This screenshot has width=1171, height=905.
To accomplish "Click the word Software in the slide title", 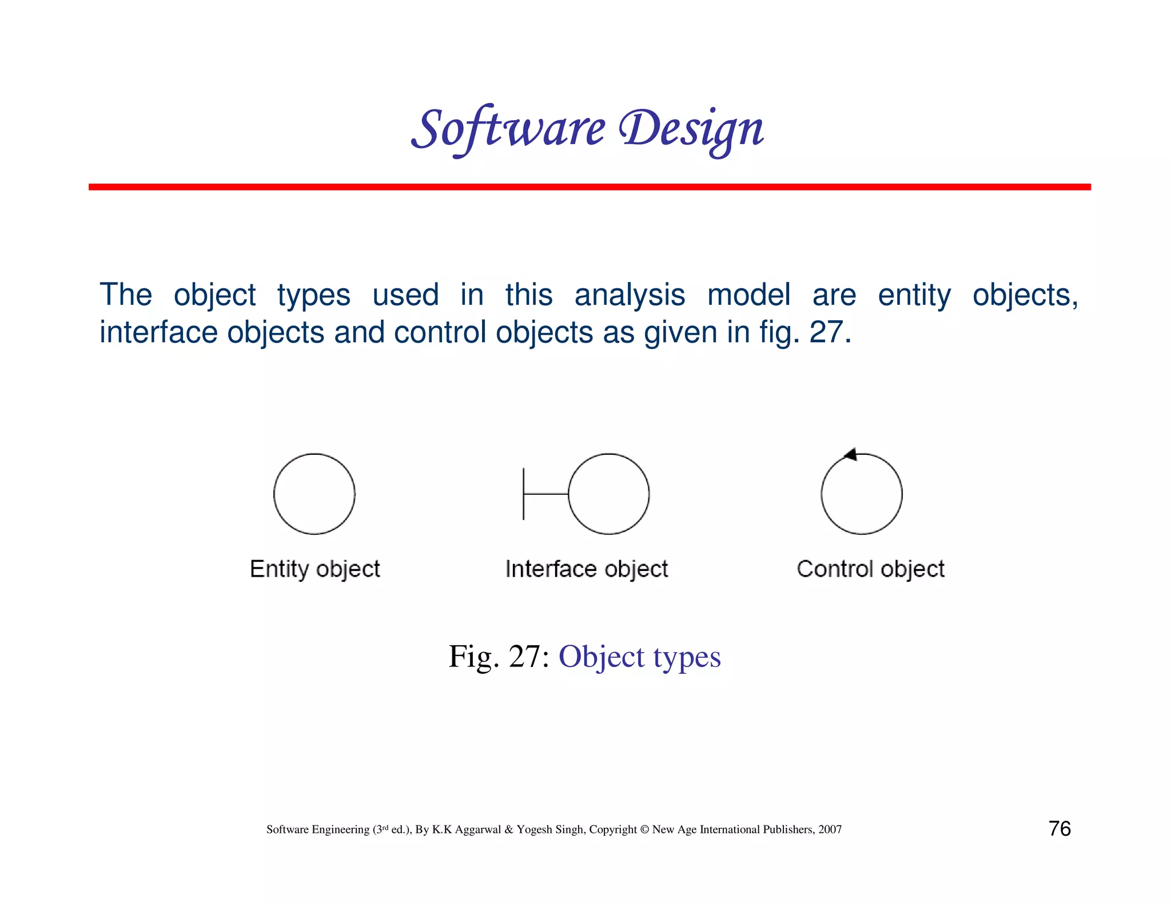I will pyautogui.click(x=508, y=129).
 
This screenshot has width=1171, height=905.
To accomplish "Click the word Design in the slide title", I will pyautogui.click(x=691, y=129).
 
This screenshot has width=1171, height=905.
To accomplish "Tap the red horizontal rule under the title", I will pyautogui.click(x=589, y=187).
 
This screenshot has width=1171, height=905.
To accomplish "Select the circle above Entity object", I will pyautogui.click(x=314, y=494).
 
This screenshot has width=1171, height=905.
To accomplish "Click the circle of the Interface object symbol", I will pyautogui.click(x=609, y=494).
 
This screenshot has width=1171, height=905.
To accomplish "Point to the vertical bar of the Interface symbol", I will pyautogui.click(x=524, y=494).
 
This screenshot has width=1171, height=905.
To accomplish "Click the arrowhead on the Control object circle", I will pyautogui.click(x=851, y=455).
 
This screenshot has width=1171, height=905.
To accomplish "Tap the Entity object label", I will pyautogui.click(x=315, y=569).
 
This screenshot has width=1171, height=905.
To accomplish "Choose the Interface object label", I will pyautogui.click(x=587, y=569).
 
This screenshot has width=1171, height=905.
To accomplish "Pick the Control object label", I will pyautogui.click(x=870, y=569).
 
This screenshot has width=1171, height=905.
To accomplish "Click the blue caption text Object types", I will pyautogui.click(x=639, y=657).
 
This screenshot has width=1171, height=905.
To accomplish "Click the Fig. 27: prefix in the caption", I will pyautogui.click(x=499, y=657).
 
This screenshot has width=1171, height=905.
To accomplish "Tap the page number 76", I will pyautogui.click(x=1060, y=828).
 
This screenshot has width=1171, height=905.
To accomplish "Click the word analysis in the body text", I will pyautogui.click(x=630, y=296).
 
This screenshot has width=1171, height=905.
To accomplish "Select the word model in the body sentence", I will pyautogui.click(x=748, y=296).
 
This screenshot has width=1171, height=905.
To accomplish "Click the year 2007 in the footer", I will pyautogui.click(x=830, y=829).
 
